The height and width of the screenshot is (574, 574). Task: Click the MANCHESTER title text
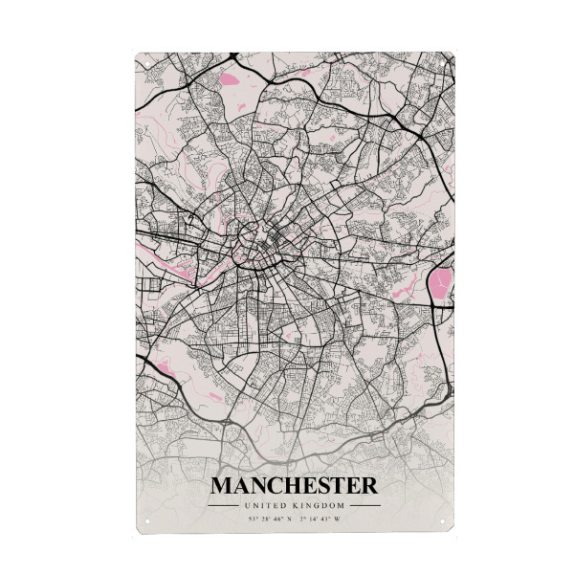294,486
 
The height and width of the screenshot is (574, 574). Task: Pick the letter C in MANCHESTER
274,486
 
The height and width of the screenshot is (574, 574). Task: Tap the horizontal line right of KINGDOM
364,505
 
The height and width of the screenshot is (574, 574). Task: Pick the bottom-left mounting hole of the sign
141,522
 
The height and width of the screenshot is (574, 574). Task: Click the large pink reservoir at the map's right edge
441,282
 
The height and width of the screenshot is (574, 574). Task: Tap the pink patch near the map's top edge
231,77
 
